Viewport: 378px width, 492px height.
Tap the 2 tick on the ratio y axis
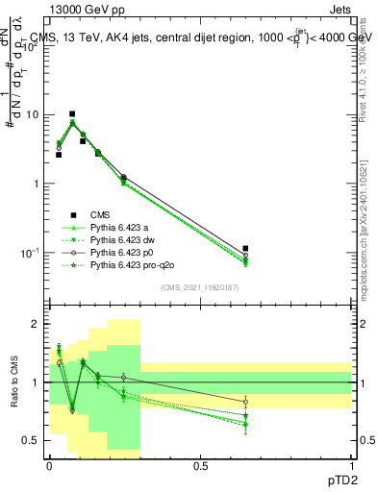click(x=35, y=325)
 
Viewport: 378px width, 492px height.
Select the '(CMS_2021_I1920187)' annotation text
click(x=200, y=286)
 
